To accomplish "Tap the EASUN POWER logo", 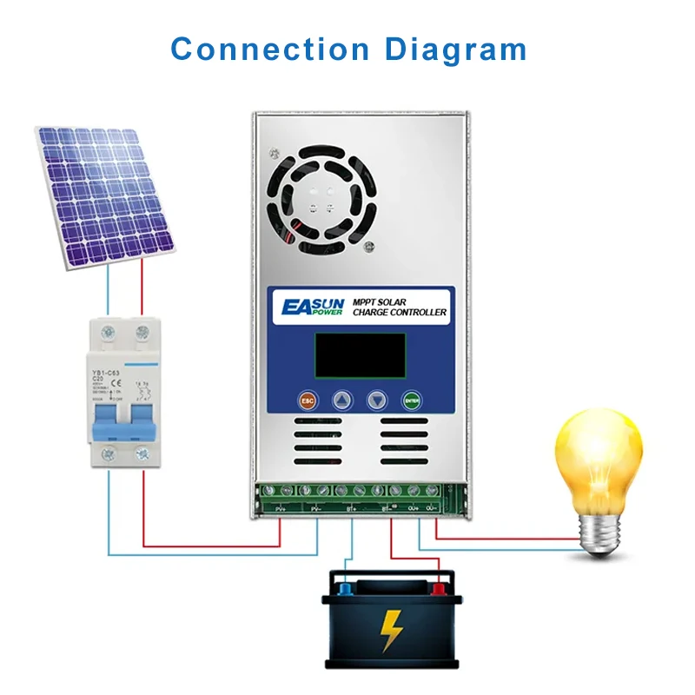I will pyautogui.click(x=312, y=308).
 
